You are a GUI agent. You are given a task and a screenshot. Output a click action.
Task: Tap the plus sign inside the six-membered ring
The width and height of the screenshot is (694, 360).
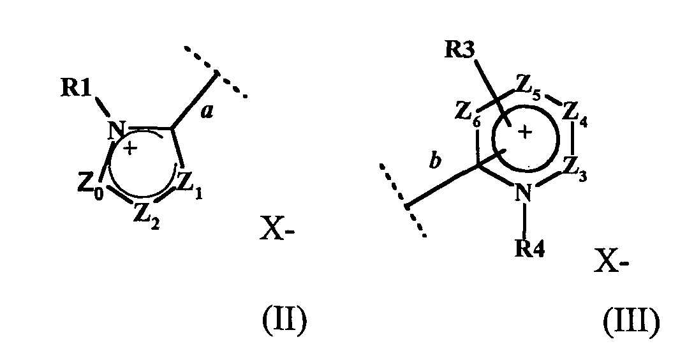pos(524,131)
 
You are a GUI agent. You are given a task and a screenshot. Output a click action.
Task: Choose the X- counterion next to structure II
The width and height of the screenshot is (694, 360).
pos(276,229)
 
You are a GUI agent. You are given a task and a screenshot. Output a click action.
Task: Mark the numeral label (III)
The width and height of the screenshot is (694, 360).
pos(631,323)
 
